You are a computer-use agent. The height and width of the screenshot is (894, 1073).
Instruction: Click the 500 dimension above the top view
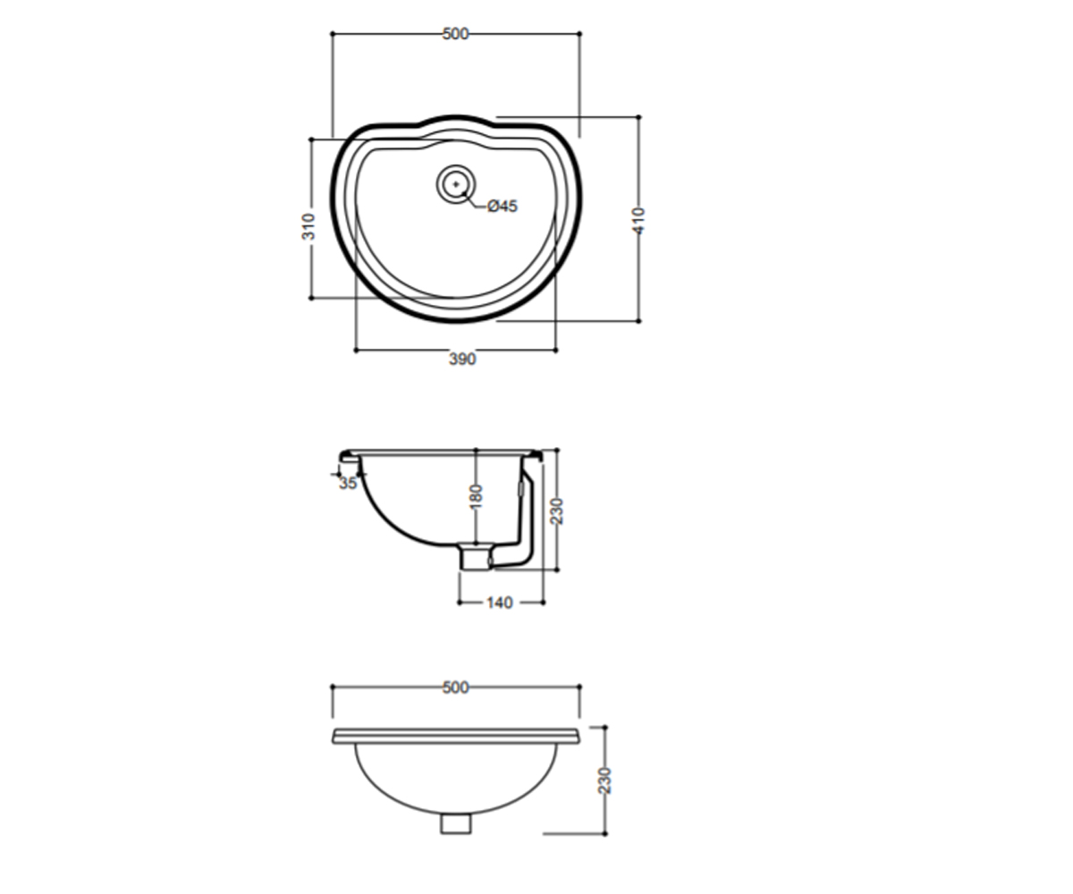pyautogui.click(x=455, y=34)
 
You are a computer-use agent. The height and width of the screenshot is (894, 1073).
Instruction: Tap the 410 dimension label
pyautogui.click(x=638, y=221)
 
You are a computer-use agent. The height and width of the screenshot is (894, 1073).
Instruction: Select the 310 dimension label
pyautogui.click(x=308, y=226)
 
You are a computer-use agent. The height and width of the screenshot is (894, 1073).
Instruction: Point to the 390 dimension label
pyautogui.click(x=462, y=359)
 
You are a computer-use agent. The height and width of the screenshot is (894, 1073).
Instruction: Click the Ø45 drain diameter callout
pyautogui.click(x=502, y=207)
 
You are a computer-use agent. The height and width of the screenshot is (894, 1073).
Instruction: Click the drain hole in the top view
pyautogui.click(x=456, y=184)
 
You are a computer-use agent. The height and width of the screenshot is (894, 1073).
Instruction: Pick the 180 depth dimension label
pyautogui.click(x=477, y=497)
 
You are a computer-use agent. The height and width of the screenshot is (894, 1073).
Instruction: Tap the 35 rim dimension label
pyautogui.click(x=348, y=484)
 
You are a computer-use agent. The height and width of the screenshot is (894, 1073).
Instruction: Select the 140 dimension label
pyautogui.click(x=500, y=603)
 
